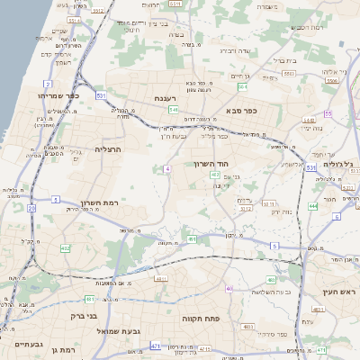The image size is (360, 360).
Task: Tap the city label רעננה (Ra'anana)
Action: [166, 98]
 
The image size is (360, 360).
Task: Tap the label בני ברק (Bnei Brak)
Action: [84, 316]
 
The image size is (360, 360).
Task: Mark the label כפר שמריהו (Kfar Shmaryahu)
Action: [59, 95]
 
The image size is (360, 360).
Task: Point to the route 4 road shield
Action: [167, 168]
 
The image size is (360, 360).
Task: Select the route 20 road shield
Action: [31, 208]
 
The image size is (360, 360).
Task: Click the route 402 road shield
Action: [65, 247]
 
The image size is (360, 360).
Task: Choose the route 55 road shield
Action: [328, 113]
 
